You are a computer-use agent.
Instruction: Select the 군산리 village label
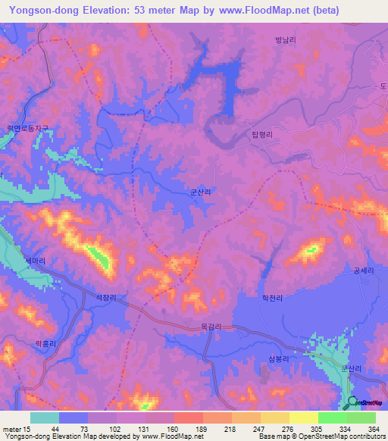tap(201, 193)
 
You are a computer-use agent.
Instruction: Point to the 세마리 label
tap(35, 261)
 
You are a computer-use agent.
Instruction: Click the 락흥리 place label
tap(46, 342)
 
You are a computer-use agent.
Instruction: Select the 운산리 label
tap(353, 368)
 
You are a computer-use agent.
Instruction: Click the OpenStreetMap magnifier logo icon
tap(352, 402)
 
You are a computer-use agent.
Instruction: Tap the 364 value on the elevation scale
tap(371, 429)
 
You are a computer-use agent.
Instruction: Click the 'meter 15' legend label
tap(15, 429)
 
